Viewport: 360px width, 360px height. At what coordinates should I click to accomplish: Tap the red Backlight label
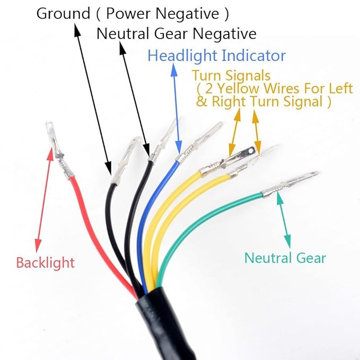click(45, 263)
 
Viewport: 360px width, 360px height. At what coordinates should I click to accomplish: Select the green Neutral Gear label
click(285, 258)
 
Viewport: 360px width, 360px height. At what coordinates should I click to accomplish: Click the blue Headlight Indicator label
click(217, 56)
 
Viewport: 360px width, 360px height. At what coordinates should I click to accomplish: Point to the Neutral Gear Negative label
click(177, 33)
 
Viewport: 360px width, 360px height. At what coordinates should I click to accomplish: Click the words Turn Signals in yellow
click(231, 75)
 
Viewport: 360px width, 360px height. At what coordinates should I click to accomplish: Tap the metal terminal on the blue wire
click(199, 142)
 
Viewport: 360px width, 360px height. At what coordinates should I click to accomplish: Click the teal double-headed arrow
click(284, 219)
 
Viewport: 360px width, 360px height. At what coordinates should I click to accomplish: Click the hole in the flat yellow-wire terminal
click(251, 151)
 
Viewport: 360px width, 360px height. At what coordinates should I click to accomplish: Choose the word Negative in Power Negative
click(187, 13)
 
